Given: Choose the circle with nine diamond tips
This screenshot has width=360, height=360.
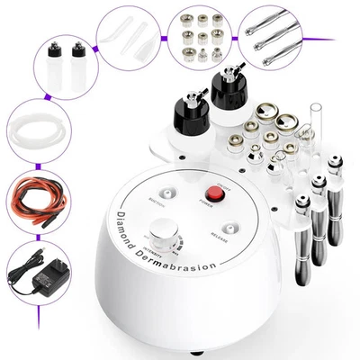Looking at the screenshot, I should [x=197, y=40].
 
